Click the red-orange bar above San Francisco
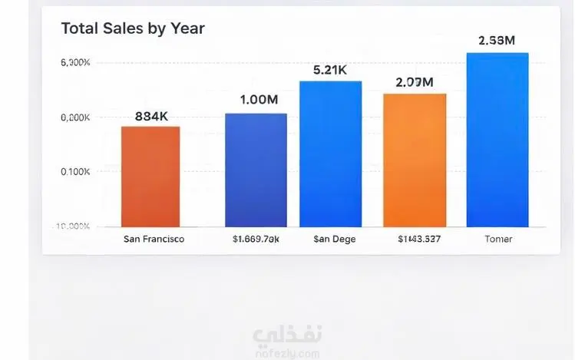(x=150, y=177)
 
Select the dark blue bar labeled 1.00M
(x=256, y=170)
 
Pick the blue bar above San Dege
(x=330, y=154)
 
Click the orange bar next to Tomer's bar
(x=415, y=160)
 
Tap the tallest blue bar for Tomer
(x=497, y=140)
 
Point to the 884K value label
(x=151, y=117)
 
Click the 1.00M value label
(x=258, y=100)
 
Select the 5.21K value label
(x=330, y=70)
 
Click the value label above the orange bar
(x=414, y=82)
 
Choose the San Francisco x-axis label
(x=154, y=239)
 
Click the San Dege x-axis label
(x=334, y=239)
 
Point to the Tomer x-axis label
(x=498, y=239)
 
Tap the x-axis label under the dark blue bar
(x=256, y=239)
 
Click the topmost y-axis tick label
(x=75, y=62)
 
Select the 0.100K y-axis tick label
(x=75, y=171)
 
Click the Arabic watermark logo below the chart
(x=287, y=337)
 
